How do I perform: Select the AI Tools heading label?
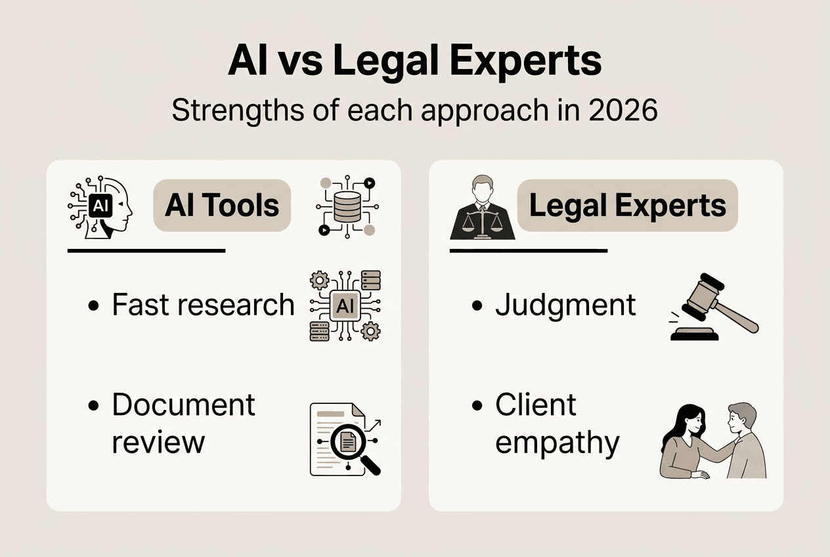pos(222,206)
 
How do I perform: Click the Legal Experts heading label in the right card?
pos(627,206)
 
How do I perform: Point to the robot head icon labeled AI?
pos(100,206)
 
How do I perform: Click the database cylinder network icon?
pos(347,205)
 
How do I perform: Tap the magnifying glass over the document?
pos(349,445)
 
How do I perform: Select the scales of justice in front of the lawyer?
pos(483,224)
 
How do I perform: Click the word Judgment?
pos(565,305)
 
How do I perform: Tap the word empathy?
pos(557,442)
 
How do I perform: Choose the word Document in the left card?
pos(183,405)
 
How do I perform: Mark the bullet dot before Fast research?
pos(93,306)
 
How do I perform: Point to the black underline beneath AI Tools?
pos(146,250)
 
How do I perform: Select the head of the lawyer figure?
pos(483,188)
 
